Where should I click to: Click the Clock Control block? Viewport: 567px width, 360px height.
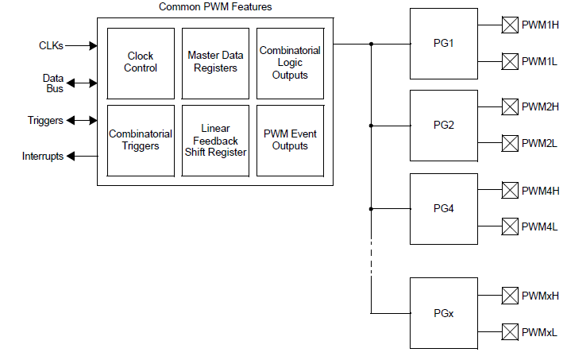tap(141, 62)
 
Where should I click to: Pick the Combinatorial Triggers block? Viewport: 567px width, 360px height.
tap(141, 140)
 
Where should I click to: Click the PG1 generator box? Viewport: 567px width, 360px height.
tap(443, 43)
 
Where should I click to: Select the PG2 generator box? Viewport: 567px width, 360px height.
tap(443, 125)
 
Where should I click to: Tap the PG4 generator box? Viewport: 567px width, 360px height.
tap(443, 208)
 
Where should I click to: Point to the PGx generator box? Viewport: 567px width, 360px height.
tap(443, 313)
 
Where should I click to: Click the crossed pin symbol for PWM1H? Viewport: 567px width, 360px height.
tap(510, 25)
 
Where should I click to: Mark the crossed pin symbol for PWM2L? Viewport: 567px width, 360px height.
tap(510, 143)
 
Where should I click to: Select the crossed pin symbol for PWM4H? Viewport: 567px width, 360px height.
tap(510, 190)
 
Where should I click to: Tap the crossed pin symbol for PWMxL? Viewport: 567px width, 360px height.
tap(510, 331)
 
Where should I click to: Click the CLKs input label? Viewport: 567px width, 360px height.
tap(51, 45)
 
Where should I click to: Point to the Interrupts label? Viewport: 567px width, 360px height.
tap(43, 157)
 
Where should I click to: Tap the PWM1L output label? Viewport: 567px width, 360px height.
tap(540, 61)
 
